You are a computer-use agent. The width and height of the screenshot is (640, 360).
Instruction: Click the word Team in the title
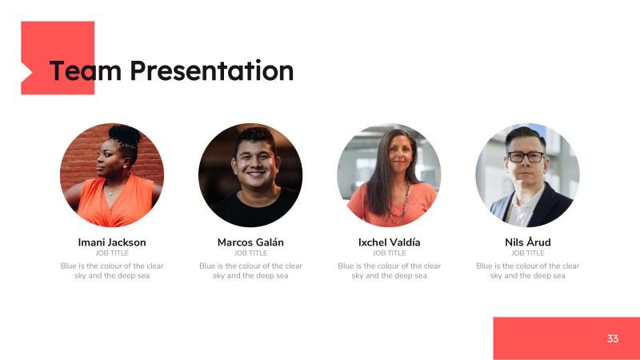pyautogui.click(x=85, y=71)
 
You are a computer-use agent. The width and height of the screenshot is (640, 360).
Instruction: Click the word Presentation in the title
pyautogui.click(x=212, y=71)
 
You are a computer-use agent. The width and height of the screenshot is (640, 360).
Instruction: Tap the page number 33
pyautogui.click(x=613, y=338)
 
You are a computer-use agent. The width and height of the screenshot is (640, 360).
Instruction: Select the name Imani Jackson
pyautogui.click(x=112, y=242)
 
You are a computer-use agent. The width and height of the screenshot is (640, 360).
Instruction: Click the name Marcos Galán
pyautogui.click(x=250, y=242)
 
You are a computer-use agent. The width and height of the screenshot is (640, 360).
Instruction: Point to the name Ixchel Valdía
pyautogui.click(x=389, y=242)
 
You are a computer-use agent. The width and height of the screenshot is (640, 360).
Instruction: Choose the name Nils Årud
pyautogui.click(x=527, y=242)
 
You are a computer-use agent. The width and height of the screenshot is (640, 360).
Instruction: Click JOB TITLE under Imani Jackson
pyautogui.click(x=112, y=254)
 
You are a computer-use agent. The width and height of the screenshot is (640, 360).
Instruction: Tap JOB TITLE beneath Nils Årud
pyautogui.click(x=527, y=254)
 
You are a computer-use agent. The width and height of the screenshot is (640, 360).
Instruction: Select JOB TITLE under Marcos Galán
pyautogui.click(x=250, y=254)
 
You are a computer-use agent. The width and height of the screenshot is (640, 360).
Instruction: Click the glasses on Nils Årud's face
pyautogui.click(x=525, y=157)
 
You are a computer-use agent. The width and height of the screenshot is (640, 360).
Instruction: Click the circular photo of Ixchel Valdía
pyautogui.click(x=389, y=175)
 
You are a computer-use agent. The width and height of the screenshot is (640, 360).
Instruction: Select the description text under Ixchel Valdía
pyautogui.click(x=389, y=270)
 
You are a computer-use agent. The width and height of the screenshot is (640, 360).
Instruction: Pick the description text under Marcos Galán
pyautogui.click(x=250, y=270)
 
